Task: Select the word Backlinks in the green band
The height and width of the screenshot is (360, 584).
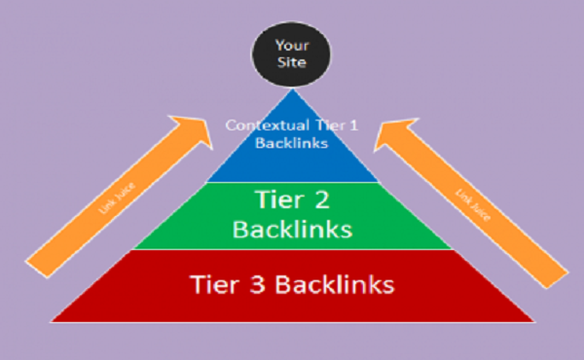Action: coord(292,231)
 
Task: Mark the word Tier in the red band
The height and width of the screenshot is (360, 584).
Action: coord(210,285)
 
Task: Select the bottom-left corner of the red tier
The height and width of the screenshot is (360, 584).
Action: coord(54,320)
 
